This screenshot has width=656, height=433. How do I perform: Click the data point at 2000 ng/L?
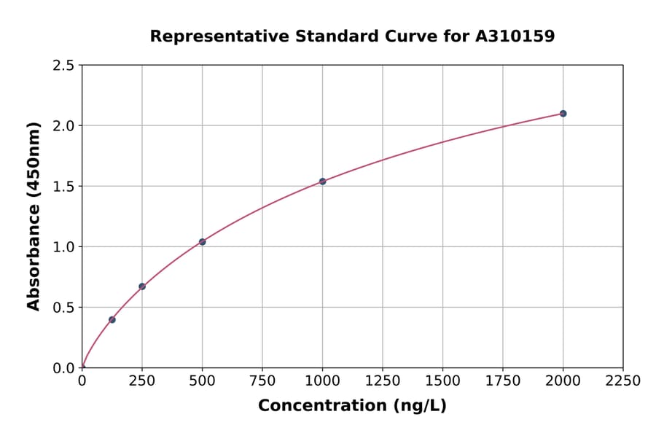pos(563,114)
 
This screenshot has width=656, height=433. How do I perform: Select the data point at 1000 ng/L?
pos(322,182)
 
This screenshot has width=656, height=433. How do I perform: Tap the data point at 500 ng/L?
pos(202,242)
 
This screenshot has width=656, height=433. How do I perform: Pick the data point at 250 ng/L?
pos(142,286)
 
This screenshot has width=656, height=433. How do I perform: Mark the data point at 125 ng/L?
pos(112,319)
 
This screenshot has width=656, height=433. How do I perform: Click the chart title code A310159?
pos(516,36)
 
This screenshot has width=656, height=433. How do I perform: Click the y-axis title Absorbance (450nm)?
pos(34,216)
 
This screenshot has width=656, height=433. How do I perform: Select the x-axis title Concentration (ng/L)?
pos(352,406)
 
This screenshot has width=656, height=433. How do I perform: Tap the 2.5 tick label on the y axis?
pos(63,66)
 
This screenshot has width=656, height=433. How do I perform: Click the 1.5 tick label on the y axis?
pos(63,187)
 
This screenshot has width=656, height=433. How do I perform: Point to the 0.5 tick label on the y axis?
pos(63,308)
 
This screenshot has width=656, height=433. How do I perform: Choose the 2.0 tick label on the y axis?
pos(63,126)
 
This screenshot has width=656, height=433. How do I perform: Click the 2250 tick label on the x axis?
pos(622,381)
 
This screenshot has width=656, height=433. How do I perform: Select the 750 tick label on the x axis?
pos(262,381)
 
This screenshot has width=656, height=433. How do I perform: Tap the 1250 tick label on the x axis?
pos(382,381)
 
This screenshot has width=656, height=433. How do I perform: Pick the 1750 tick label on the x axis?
pos(502,381)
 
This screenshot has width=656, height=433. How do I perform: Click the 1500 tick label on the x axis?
pos(442,381)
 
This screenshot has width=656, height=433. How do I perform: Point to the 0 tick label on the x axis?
pos(82,381)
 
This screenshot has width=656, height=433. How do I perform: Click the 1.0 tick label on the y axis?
pos(63,247)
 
